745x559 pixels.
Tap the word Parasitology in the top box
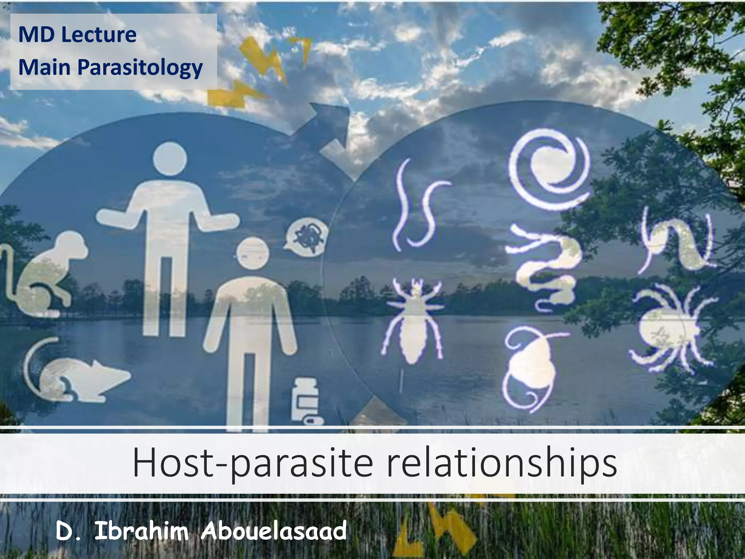(x=140, y=68)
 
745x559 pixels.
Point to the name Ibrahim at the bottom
(x=142, y=531)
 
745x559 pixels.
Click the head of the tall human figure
(x=170, y=159)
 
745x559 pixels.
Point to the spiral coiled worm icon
(x=549, y=171)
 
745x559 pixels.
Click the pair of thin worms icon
(x=418, y=207)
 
